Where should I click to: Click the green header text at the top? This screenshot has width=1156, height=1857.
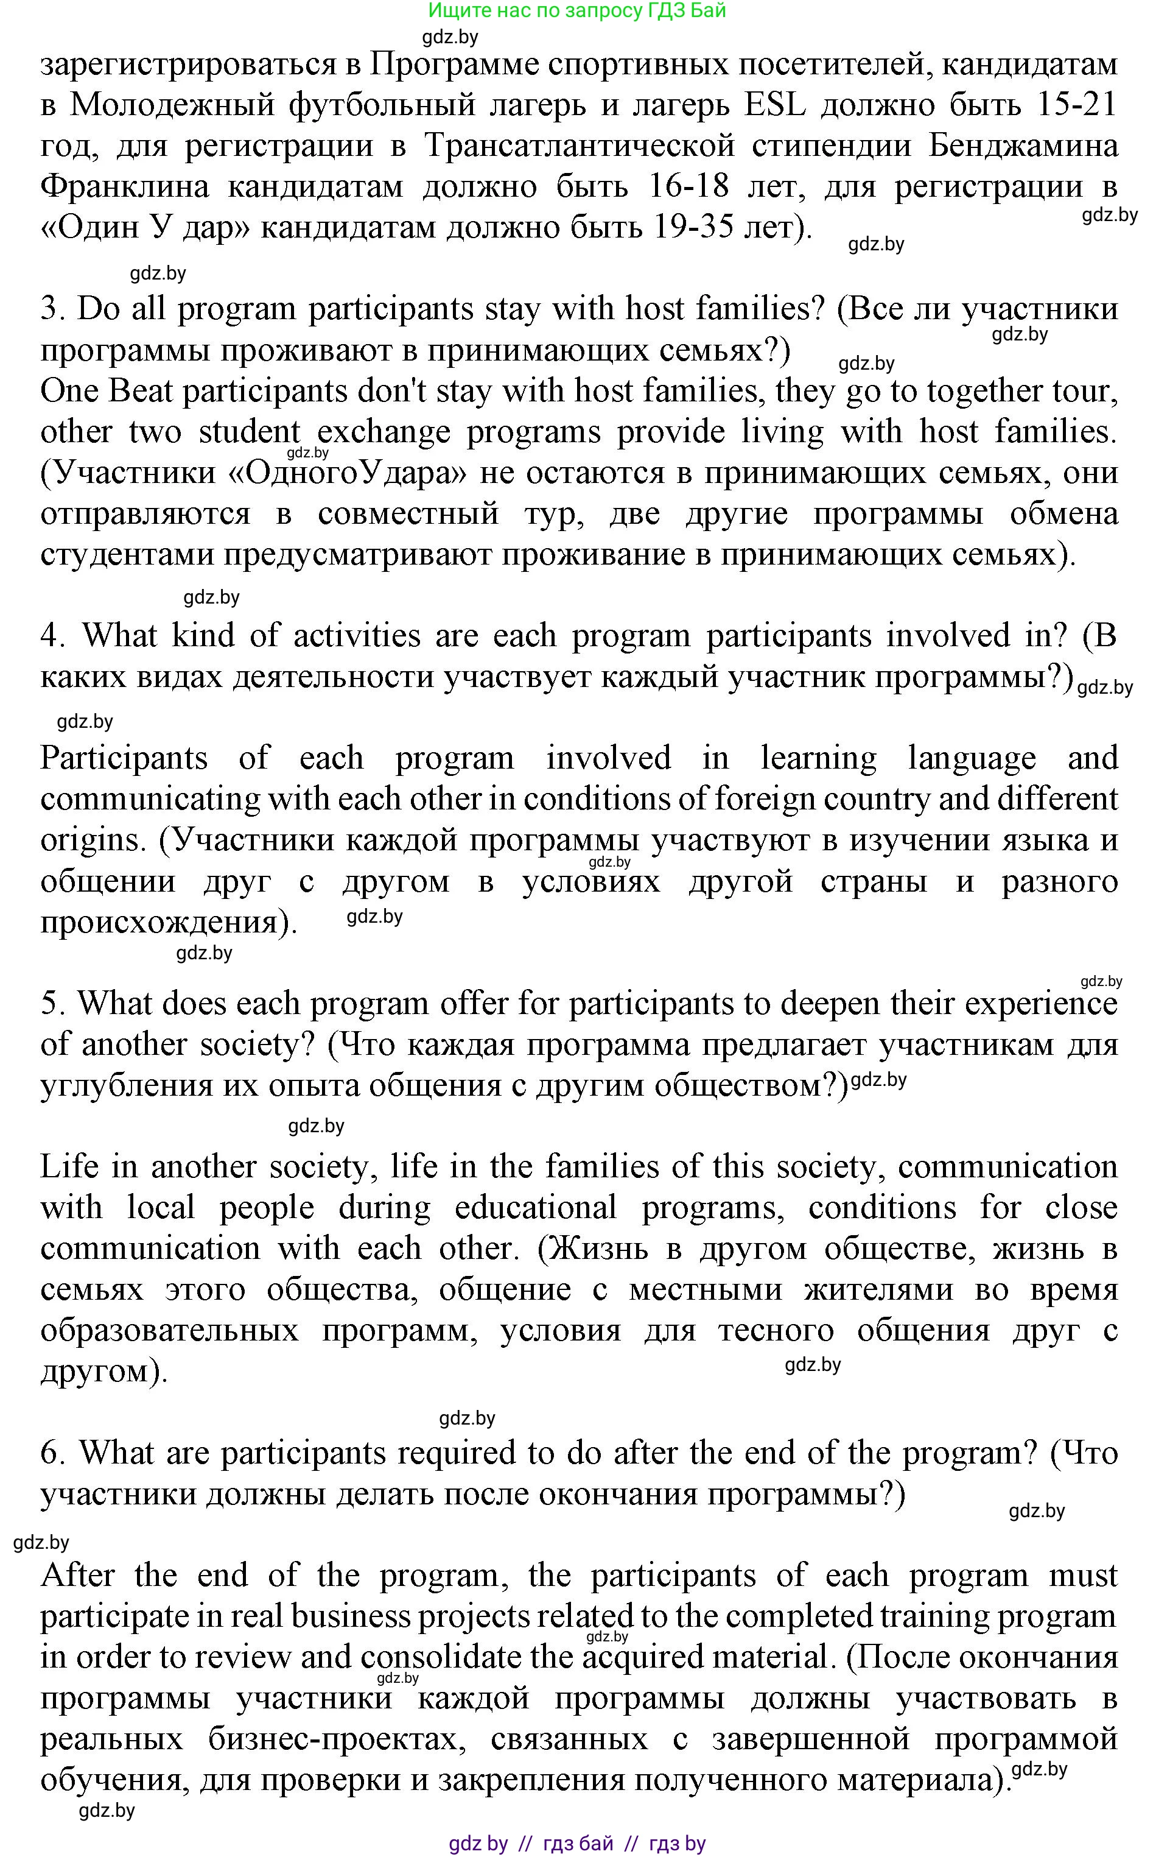click(x=576, y=11)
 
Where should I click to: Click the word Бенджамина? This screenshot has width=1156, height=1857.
click(x=1023, y=146)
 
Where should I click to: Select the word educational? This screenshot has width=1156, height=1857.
click(x=534, y=1208)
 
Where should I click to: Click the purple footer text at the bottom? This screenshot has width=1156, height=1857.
click(x=576, y=1843)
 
